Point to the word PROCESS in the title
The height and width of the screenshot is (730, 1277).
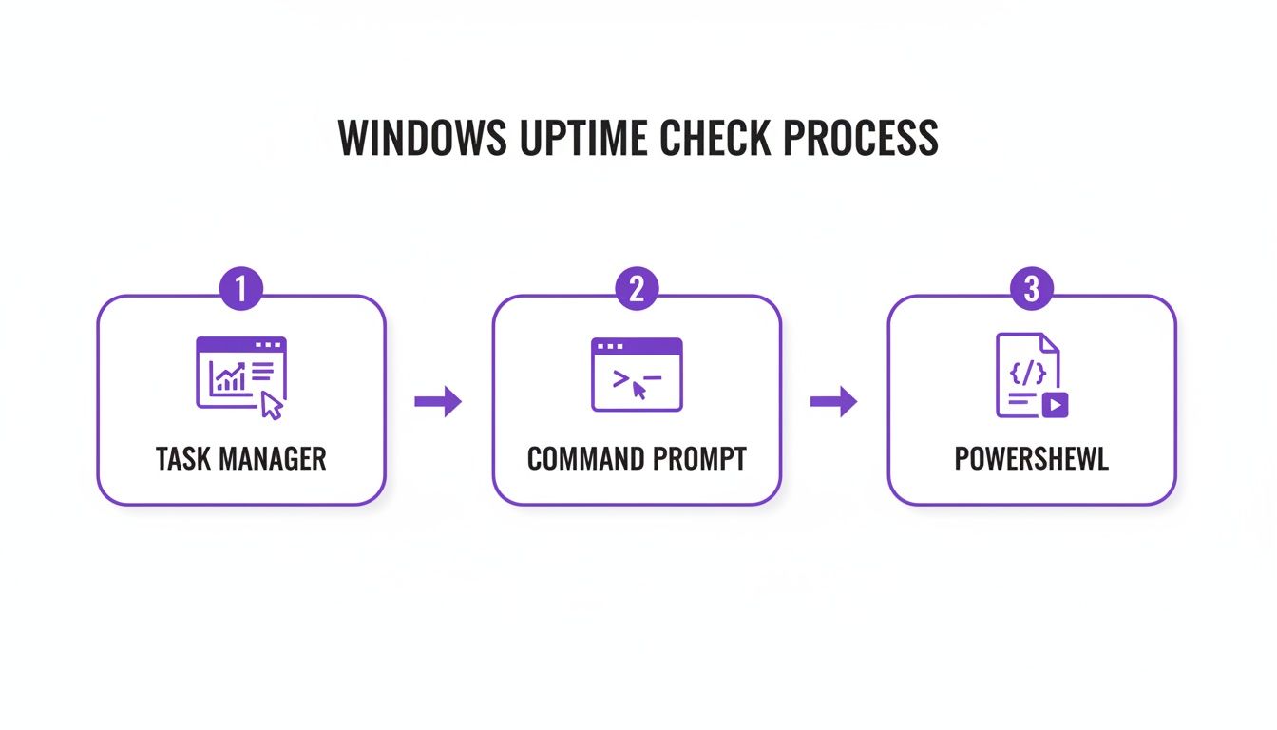pos(861,139)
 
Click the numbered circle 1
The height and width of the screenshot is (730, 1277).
pos(241,291)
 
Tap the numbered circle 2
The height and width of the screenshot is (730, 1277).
pos(637,291)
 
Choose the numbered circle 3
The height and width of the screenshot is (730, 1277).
pos(1032,291)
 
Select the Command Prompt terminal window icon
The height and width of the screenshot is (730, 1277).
pos(637,375)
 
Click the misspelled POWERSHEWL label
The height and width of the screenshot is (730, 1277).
pos(1032,459)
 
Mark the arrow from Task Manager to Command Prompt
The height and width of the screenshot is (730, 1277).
pos(438,402)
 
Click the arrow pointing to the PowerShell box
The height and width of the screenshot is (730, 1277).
pos(833,402)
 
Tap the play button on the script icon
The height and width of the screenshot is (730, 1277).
pos(1055,404)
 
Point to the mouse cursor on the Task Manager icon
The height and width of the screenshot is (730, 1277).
pos(272,406)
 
